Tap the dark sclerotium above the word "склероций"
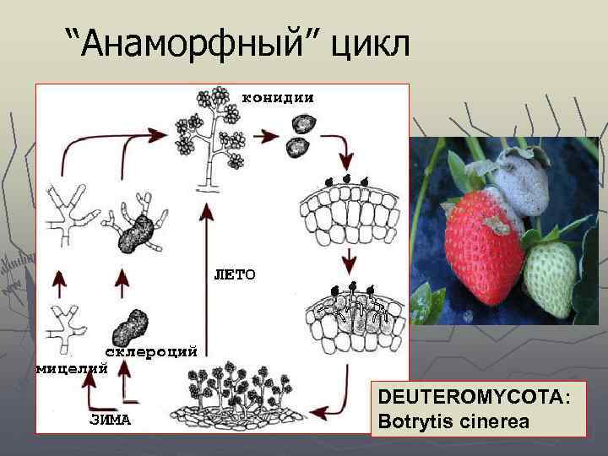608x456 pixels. tap(131, 324)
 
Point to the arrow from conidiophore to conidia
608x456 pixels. tap(269, 135)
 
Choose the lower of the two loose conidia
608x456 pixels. tap(296, 148)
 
